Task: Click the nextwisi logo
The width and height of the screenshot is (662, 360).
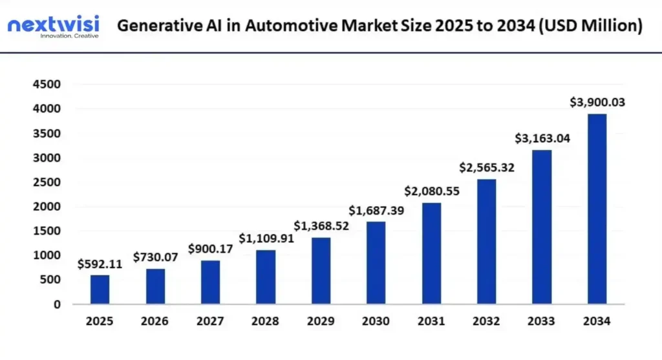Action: pos(53,27)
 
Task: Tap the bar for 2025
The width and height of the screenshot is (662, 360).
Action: pos(100,290)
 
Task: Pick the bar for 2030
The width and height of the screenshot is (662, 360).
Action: pos(376,262)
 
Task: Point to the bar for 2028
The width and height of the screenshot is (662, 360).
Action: pos(265,277)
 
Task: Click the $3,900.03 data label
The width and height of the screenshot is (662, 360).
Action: pos(597,102)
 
